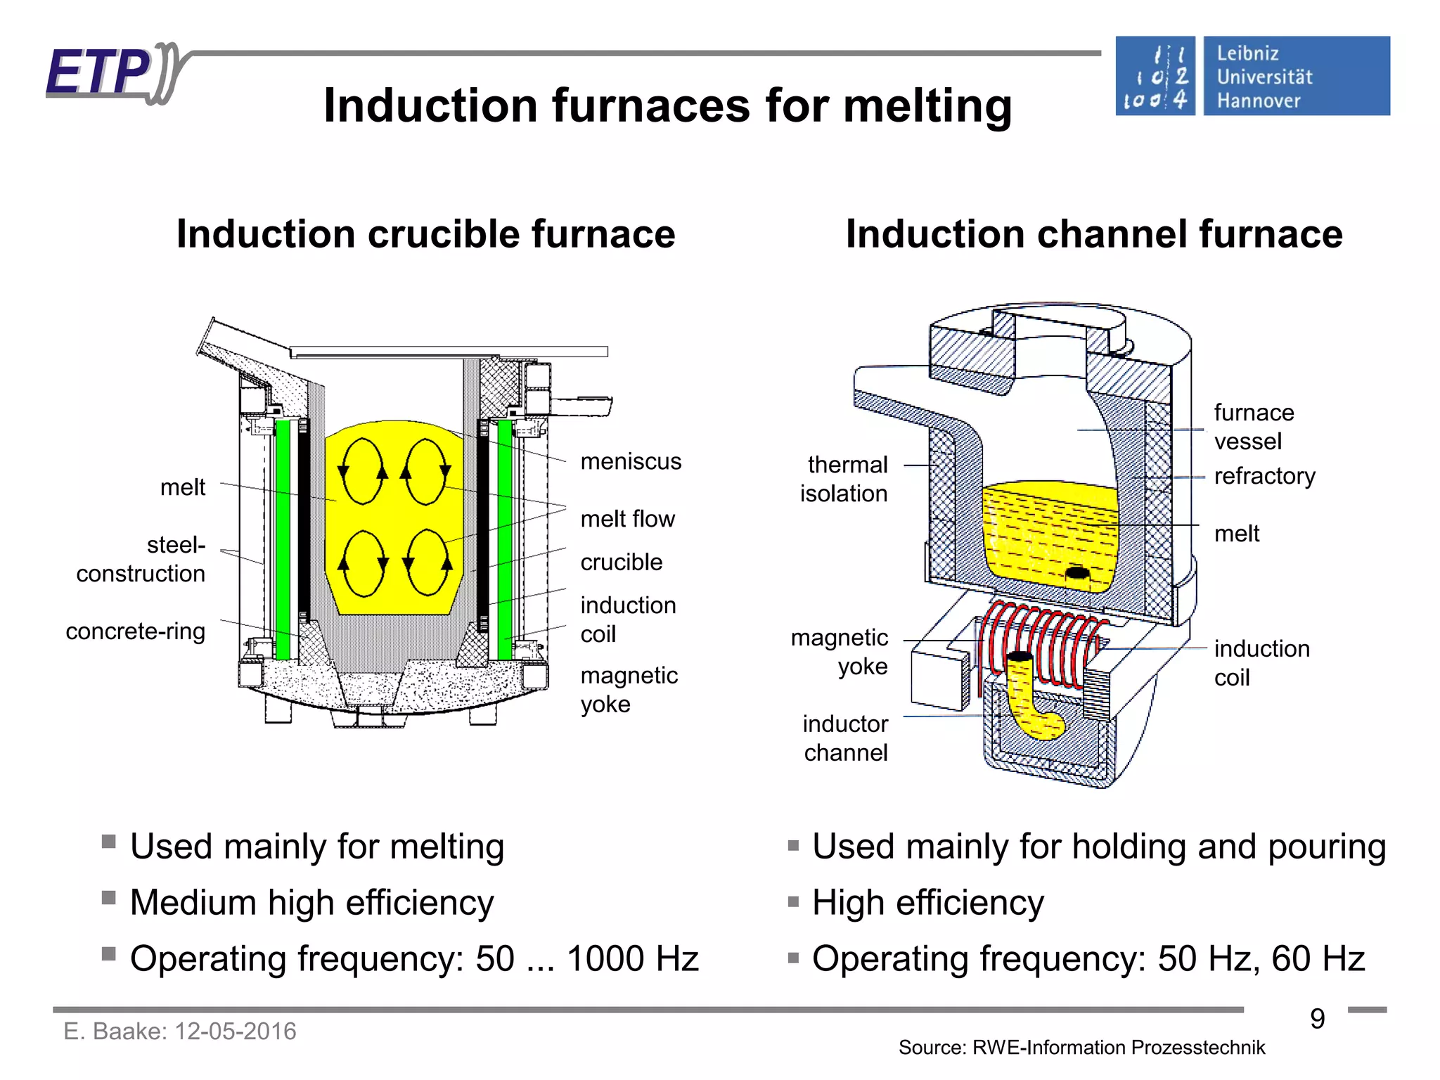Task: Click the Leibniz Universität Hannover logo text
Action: pos(1264,77)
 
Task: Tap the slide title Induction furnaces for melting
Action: pos(667,105)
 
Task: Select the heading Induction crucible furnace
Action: pos(425,234)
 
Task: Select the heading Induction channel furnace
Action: pos(1093,234)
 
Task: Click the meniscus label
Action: pos(631,461)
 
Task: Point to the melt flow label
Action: pos(627,519)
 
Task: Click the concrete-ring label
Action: pos(135,631)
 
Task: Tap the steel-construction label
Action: pos(141,559)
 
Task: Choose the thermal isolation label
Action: pos(844,479)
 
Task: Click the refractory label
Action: pos(1264,476)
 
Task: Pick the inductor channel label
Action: pos(845,738)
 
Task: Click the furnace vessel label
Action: pos(1253,426)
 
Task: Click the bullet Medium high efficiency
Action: pos(311,903)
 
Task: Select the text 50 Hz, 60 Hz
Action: pos(1261,959)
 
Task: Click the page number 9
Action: pos(1317,1019)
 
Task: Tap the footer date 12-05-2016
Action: pos(235,1031)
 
